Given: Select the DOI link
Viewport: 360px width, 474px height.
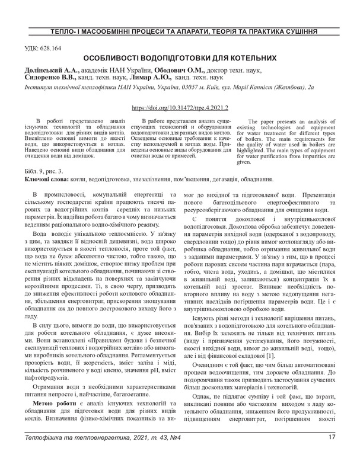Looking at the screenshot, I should tap(179, 109).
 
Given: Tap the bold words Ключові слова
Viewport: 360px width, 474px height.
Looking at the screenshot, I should tap(46, 178).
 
